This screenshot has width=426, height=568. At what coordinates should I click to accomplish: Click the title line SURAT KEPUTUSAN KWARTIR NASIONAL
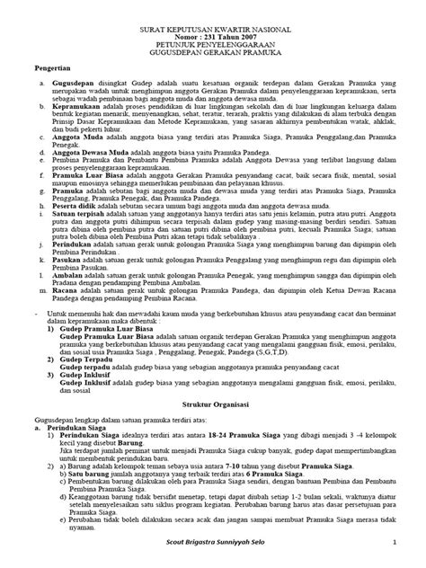pos(213,30)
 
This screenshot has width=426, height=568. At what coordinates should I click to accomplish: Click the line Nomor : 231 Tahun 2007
pos(213,39)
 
